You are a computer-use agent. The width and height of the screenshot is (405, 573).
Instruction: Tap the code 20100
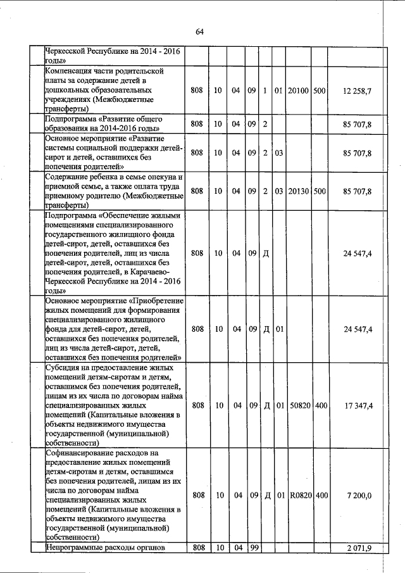297,91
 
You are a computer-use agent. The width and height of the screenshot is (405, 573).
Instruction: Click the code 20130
297,191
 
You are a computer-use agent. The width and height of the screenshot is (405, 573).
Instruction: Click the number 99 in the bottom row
252,547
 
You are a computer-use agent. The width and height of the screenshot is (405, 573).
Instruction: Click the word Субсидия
63,367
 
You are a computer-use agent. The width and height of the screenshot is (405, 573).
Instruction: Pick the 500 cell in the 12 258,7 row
319,91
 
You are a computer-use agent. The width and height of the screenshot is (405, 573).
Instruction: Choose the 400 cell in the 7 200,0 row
321,494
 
